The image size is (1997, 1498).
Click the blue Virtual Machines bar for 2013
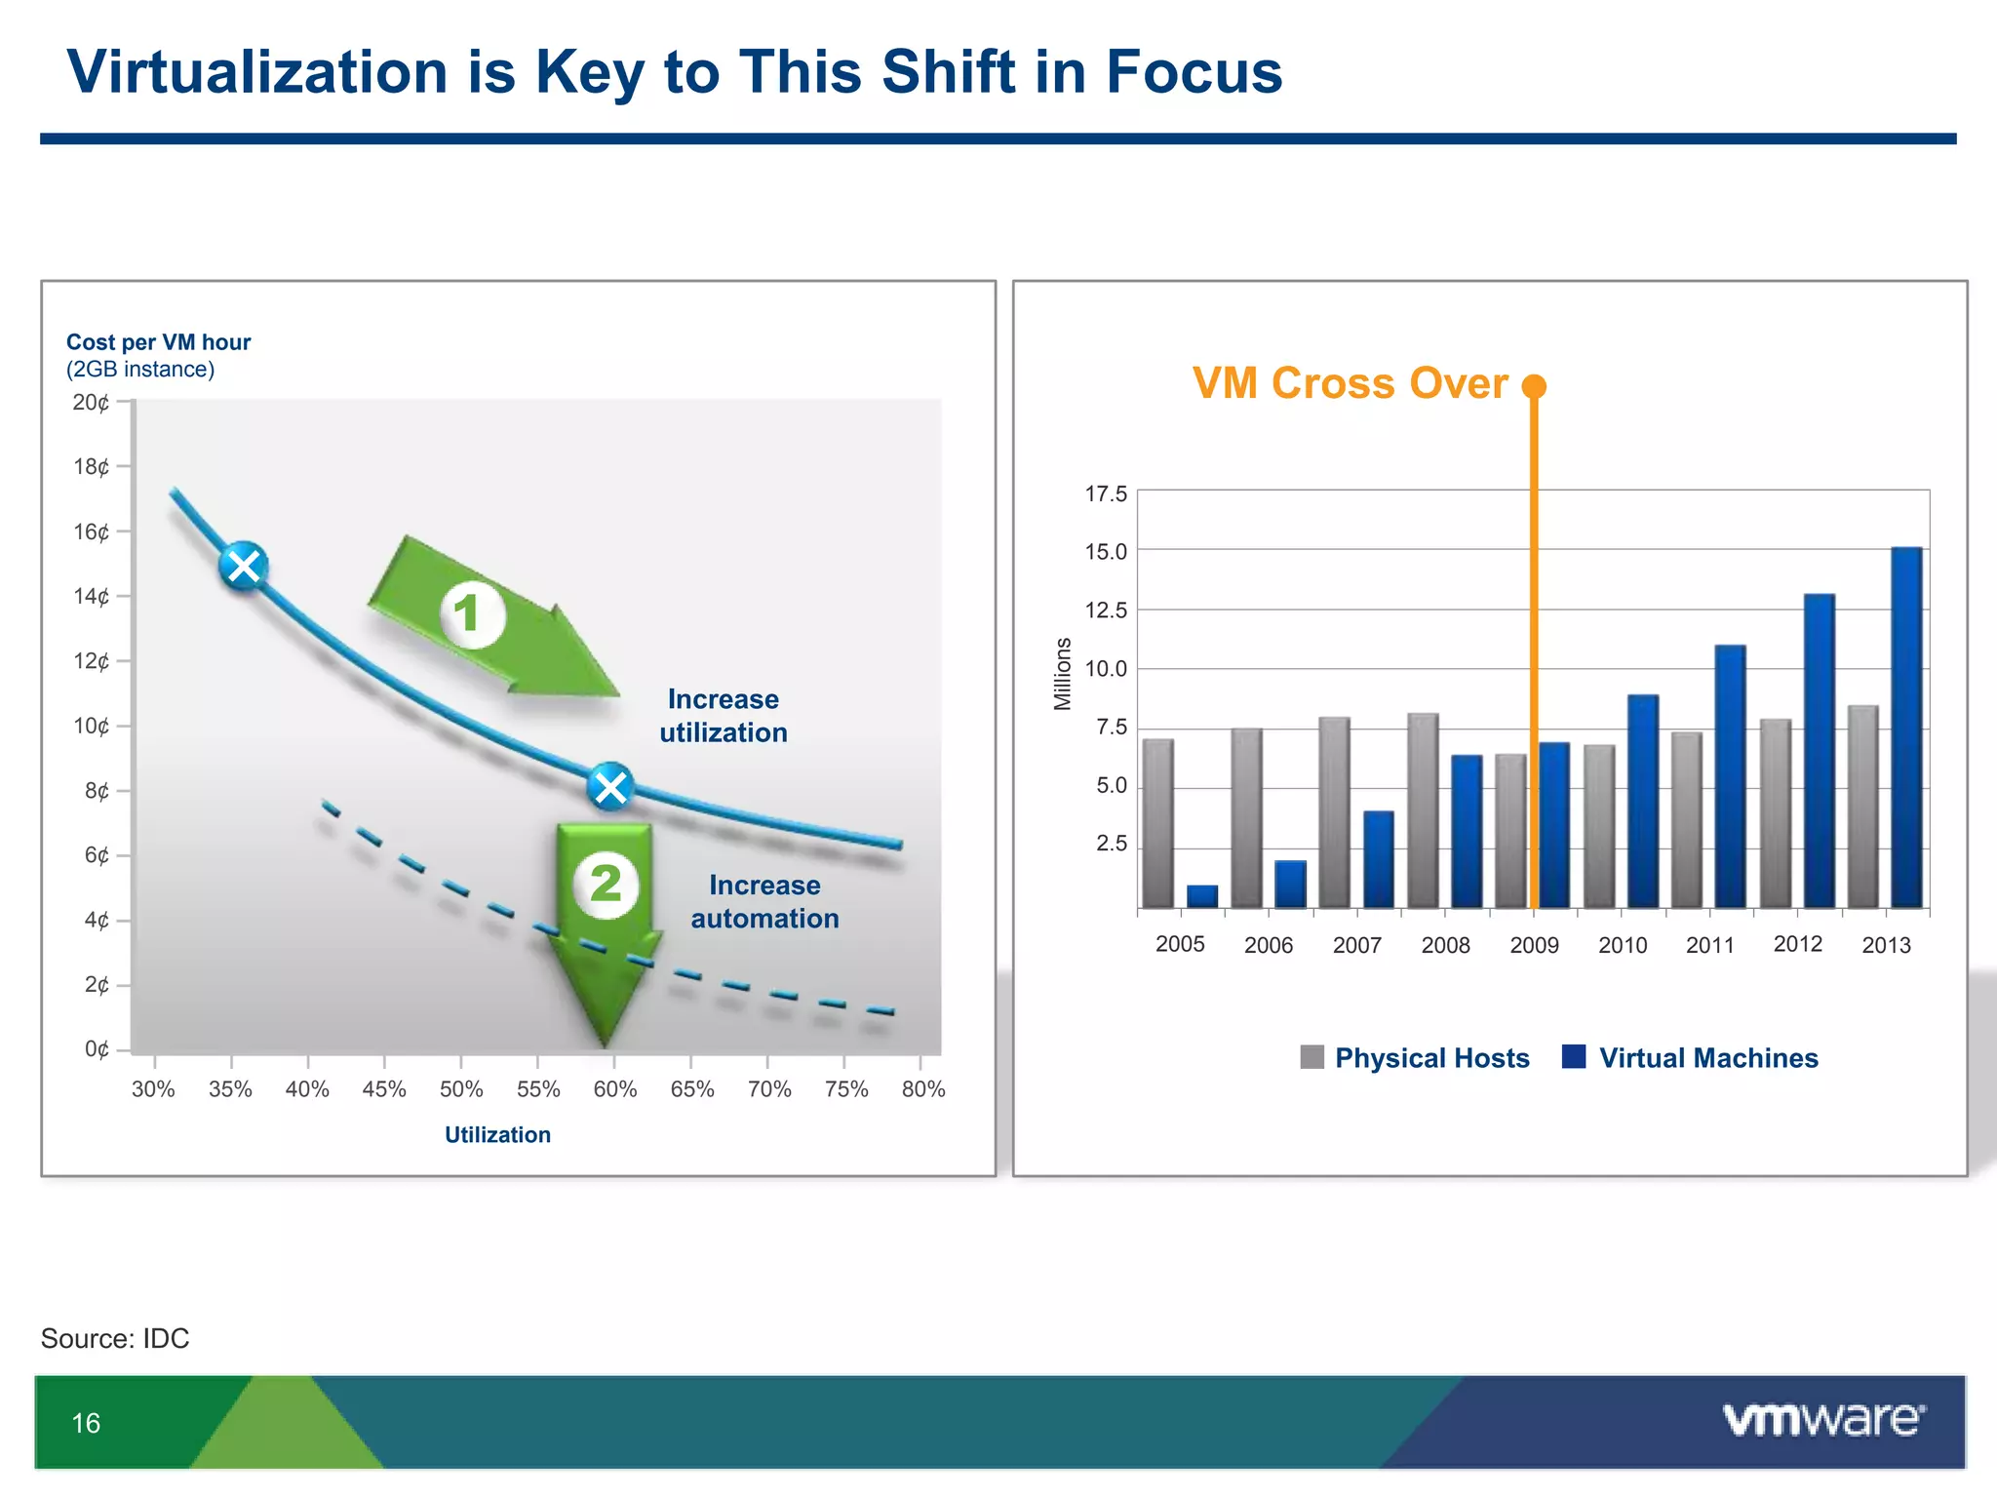[x=1906, y=727]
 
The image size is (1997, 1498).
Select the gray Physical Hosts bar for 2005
[x=1157, y=824]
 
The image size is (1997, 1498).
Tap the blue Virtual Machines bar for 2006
[x=1290, y=885]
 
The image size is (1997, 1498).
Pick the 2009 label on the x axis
[x=1534, y=945]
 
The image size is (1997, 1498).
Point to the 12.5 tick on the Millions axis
[x=1106, y=611]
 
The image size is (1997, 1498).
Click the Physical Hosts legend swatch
[x=1312, y=1057]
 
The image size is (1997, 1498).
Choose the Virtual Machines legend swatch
[x=1573, y=1057]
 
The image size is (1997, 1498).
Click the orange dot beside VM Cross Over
[x=1534, y=386]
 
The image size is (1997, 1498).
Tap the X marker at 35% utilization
[x=243, y=566]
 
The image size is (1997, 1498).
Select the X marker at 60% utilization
[x=610, y=786]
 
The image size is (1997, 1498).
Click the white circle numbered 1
[x=472, y=614]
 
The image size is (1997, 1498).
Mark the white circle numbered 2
[x=606, y=885]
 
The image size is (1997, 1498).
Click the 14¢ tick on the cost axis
[x=92, y=597]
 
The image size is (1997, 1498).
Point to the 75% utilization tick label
[x=846, y=1089]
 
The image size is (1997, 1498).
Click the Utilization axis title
[x=497, y=1135]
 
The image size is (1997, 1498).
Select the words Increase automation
[x=764, y=902]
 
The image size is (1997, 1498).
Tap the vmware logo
[x=1823, y=1420]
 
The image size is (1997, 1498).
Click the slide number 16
[x=86, y=1423]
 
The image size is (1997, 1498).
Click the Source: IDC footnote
[x=115, y=1338]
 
